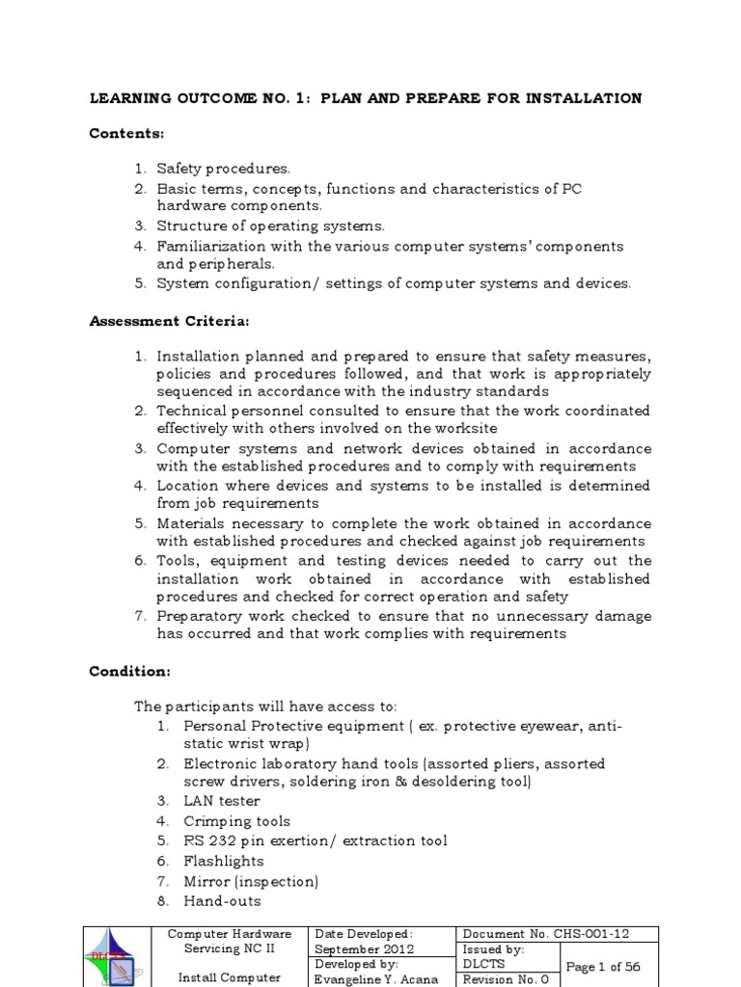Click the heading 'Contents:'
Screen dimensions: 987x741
[126, 132]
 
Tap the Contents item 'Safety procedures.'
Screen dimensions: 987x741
[223, 169]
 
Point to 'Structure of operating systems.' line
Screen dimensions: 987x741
[270, 226]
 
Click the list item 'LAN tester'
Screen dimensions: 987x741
[222, 801]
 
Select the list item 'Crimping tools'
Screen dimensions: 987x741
[236, 821]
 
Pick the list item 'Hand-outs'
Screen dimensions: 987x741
[222, 901]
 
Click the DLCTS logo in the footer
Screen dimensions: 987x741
[118, 957]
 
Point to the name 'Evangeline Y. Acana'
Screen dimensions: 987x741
[376, 978]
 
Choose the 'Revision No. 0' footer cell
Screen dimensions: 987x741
[507, 978]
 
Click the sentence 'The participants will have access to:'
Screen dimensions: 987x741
[265, 706]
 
